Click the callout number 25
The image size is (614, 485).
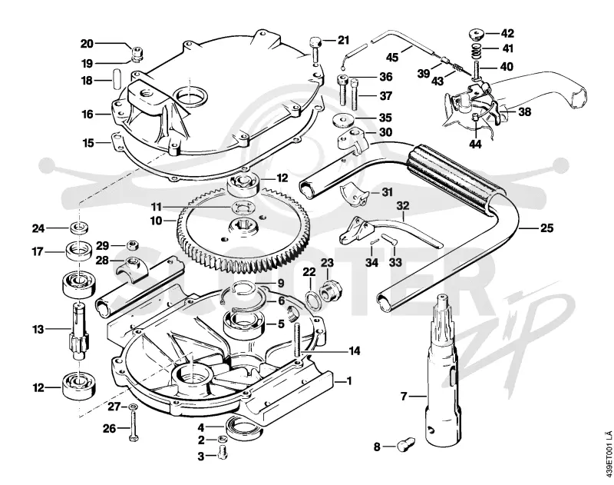[x=546, y=228]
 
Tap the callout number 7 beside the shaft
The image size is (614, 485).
[x=404, y=397]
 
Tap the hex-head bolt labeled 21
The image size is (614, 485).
[x=315, y=50]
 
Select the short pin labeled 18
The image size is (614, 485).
[x=116, y=80]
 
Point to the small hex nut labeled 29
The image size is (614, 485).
[x=132, y=246]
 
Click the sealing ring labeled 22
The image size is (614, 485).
[x=312, y=299]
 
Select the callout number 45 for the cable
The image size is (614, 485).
[x=392, y=57]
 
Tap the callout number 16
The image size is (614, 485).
[x=87, y=115]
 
